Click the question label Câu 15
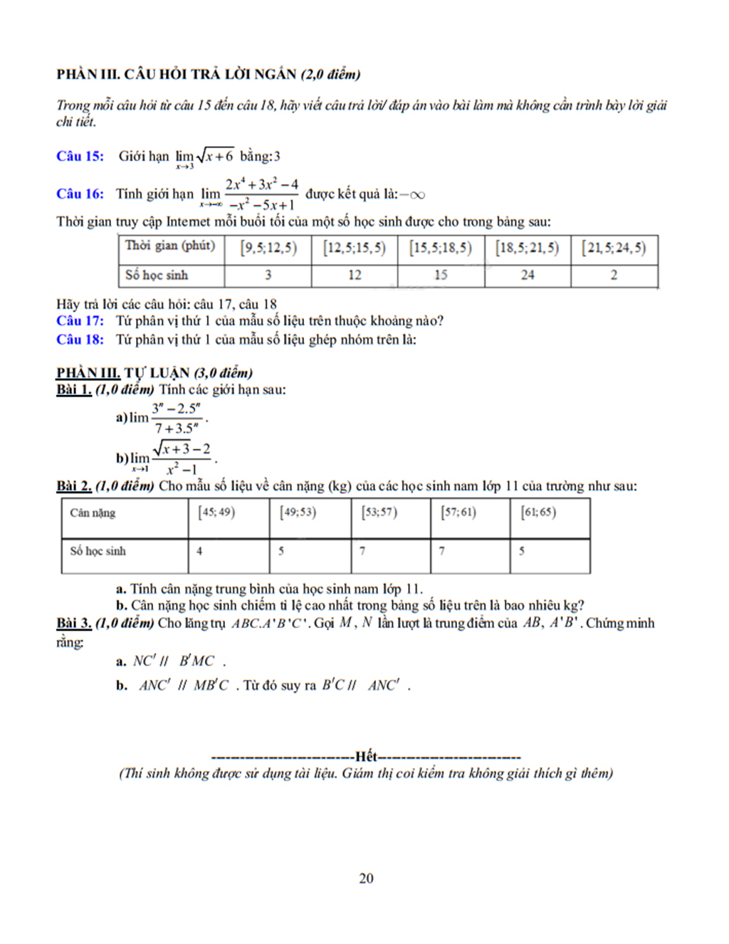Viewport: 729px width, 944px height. pos(80,156)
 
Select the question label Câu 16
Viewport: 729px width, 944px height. pos(80,194)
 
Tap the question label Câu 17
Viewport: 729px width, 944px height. pos(80,321)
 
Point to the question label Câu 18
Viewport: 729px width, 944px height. pos(80,340)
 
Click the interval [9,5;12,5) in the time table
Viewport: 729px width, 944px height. pos(268,248)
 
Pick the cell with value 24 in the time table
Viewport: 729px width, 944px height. pos(528,275)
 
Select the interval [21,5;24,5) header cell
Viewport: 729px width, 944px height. pos(614,248)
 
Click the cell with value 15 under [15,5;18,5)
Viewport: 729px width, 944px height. pos(441,275)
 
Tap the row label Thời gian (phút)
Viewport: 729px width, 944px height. pos(170,246)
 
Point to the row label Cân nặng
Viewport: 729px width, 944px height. pos(93,513)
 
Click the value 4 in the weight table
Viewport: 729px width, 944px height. pos(199,551)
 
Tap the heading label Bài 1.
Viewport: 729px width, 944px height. pos(74,389)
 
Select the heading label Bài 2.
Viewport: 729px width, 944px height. pos(74,486)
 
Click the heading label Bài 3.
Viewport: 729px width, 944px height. pos(74,623)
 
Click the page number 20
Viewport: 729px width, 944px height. pos(366,878)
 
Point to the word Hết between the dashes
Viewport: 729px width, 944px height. pos(366,756)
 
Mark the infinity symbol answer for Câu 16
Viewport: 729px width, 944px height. pos(416,194)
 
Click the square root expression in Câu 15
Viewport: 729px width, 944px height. pos(215,156)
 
